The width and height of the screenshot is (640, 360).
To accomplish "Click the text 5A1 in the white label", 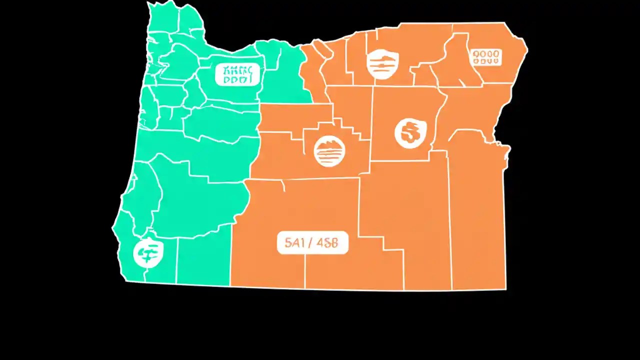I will pyautogui.click(x=294, y=243).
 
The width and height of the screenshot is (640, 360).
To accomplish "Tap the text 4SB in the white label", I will pyautogui.click(x=327, y=243).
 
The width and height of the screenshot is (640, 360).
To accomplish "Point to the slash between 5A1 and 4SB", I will pyautogui.click(x=311, y=243).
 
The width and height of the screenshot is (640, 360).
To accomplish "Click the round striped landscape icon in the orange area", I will pyautogui.click(x=329, y=151).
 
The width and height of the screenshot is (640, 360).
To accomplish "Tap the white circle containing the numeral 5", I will pyautogui.click(x=410, y=133).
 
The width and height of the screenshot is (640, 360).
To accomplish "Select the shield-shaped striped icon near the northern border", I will pyautogui.click(x=382, y=64).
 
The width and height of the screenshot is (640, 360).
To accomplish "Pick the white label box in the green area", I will pyautogui.click(x=237, y=74).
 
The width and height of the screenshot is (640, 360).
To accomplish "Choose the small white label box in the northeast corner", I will pyautogui.click(x=486, y=56).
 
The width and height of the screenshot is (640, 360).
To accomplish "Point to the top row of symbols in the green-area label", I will pyautogui.click(x=237, y=69).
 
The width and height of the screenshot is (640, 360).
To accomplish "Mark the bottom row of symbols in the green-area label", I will pyautogui.click(x=237, y=79).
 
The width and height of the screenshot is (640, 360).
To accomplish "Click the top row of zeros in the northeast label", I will pyautogui.click(x=486, y=52).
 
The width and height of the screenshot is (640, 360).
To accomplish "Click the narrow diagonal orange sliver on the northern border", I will pyautogui.click(x=322, y=50).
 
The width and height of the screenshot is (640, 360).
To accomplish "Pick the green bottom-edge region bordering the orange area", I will pyautogui.click(x=202, y=260).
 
